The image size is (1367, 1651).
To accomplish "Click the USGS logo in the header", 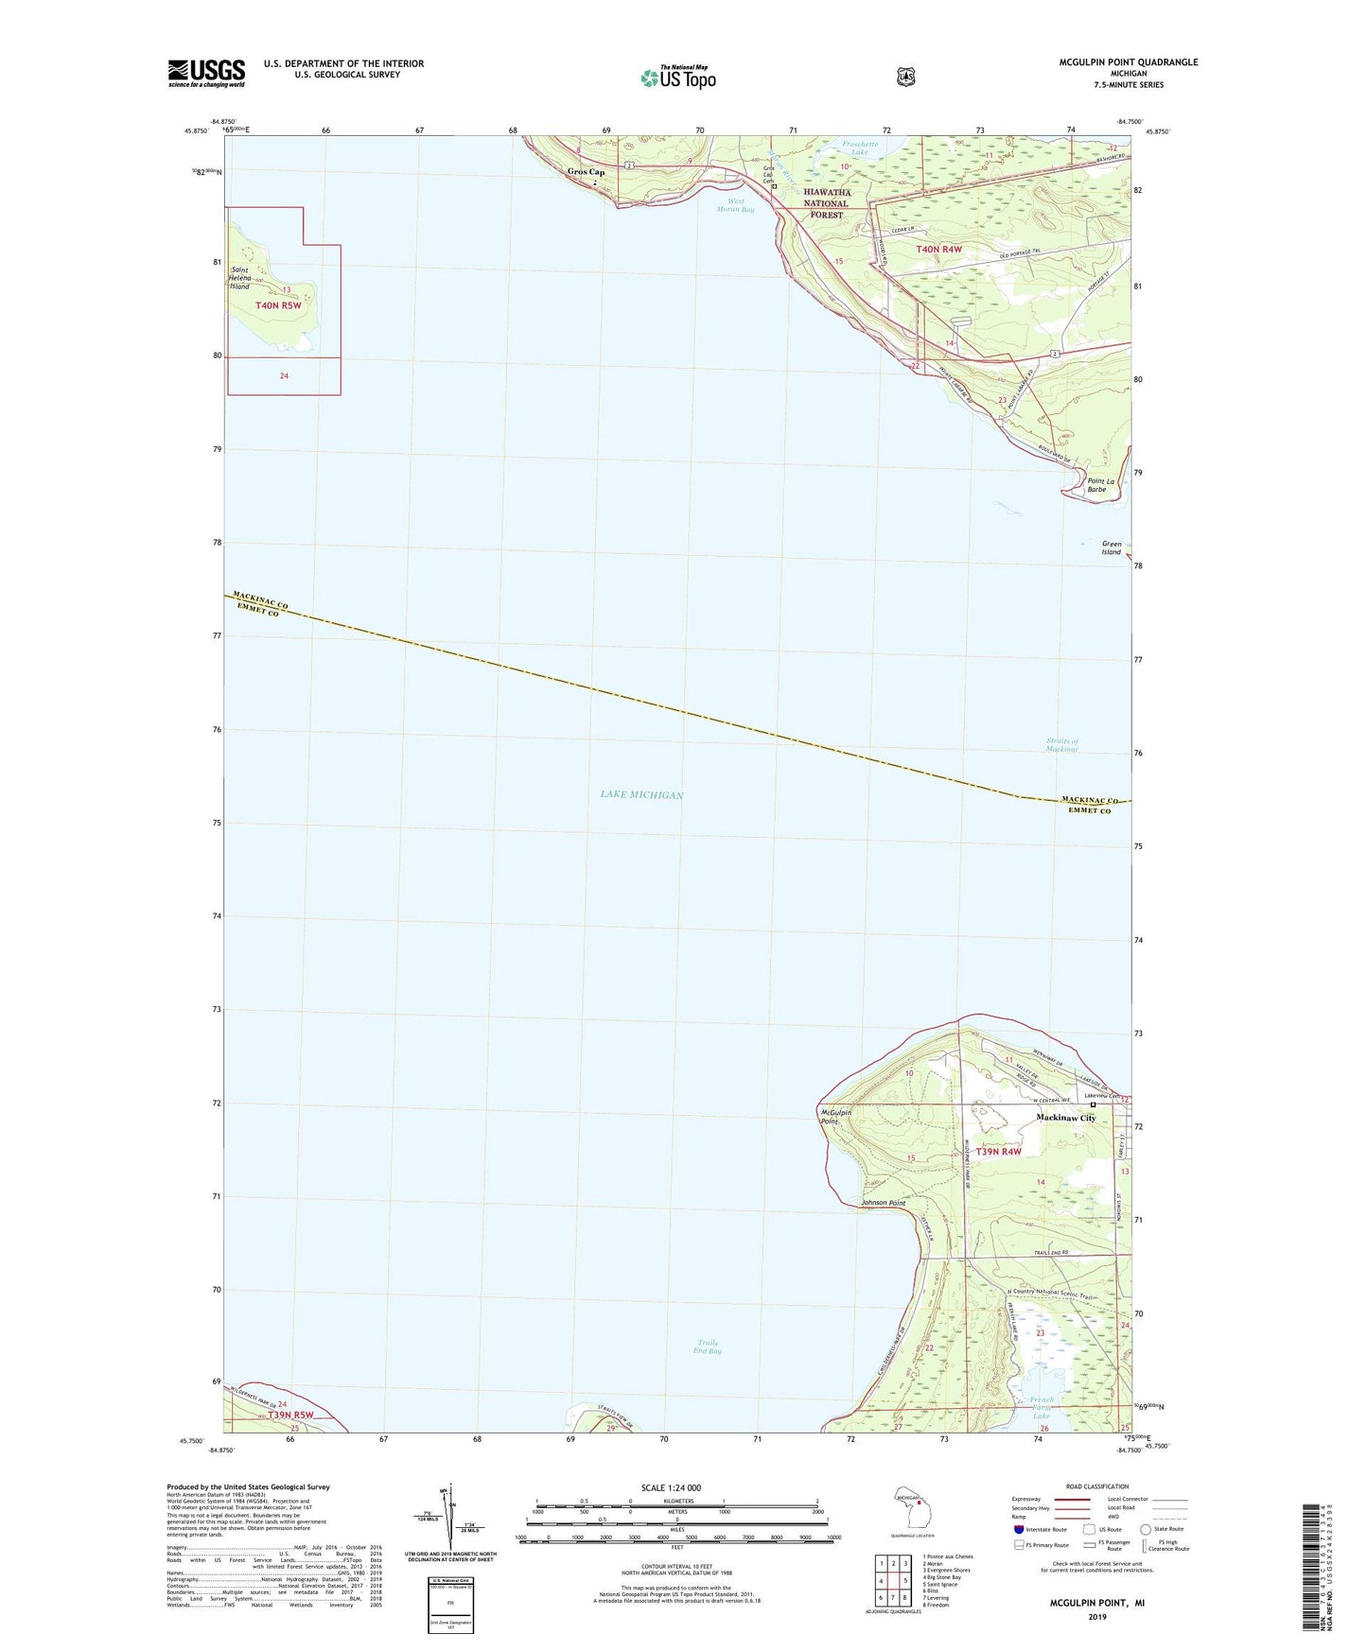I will pos(206,73).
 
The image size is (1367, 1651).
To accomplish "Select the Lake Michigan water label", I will pos(641,794).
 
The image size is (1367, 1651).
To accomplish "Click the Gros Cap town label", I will pos(586,172).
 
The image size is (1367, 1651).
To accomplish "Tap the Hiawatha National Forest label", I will pos(827,203).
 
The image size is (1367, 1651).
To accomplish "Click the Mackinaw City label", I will pos(1065,1118).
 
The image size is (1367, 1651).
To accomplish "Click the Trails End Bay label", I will pos(707,1347).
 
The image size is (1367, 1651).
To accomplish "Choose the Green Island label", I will pos(1111,547).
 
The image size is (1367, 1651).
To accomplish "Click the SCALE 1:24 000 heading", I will pos(671,1487).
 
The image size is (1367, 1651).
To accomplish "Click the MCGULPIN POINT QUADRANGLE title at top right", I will pos(1128,62).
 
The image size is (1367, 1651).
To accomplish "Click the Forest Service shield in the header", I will pos(905,77).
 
